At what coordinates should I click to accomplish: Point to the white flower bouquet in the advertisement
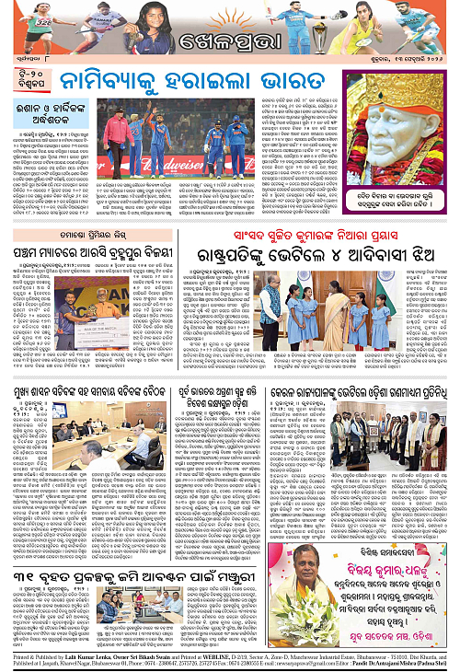tap(428, 562)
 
